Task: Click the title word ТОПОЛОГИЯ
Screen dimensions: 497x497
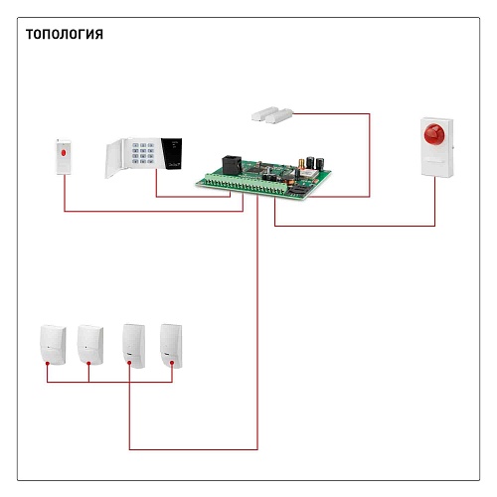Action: pyautogui.click(x=65, y=34)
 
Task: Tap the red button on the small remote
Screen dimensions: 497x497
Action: pyautogui.click(x=64, y=153)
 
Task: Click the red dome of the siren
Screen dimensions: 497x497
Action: pyautogui.click(x=434, y=134)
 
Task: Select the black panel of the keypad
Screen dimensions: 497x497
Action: pyautogui.click(x=172, y=154)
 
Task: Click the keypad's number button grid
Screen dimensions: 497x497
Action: pyautogui.click(x=143, y=153)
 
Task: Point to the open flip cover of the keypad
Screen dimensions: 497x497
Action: pyautogui.click(x=114, y=159)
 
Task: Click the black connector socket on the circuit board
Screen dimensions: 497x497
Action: pyautogui.click(x=232, y=164)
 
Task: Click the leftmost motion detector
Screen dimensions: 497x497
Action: pyautogui.click(x=53, y=345)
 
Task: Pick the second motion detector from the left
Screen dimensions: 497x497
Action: pyautogui.click(x=90, y=345)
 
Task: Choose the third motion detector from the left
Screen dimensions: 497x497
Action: pyautogui.click(x=134, y=346)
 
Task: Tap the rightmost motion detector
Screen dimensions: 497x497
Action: pyautogui.click(x=171, y=346)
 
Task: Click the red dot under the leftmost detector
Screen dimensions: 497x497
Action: pyautogui.click(x=48, y=364)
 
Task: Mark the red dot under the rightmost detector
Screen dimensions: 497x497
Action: pyautogui.click(x=172, y=364)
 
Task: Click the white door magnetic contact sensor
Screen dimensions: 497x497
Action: pyautogui.click(x=272, y=114)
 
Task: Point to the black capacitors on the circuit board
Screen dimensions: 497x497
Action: pyautogui.click(x=315, y=163)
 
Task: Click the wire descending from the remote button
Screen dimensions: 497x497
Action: pyautogui.click(x=154, y=211)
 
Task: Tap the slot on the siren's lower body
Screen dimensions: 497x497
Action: pyautogui.click(x=435, y=161)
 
